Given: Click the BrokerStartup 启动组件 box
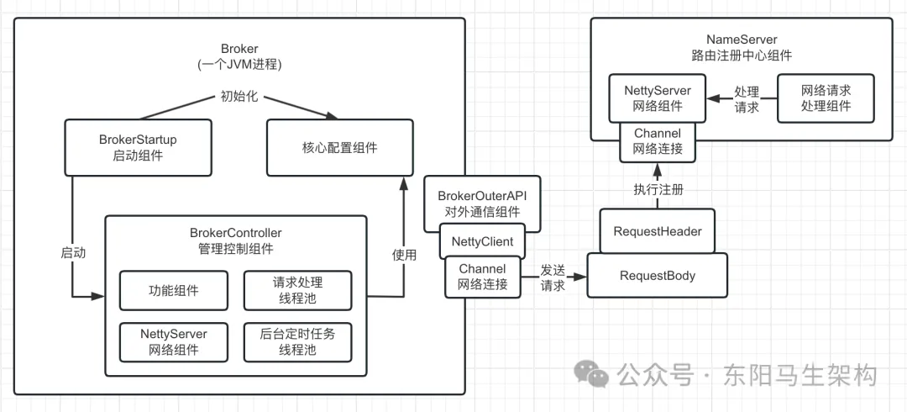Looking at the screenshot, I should (138, 148).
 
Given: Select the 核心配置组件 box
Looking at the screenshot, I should (339, 148).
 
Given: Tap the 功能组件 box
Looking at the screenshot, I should (174, 291).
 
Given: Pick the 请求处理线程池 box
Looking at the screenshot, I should (297, 291).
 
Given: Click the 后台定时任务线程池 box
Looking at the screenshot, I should (297, 341).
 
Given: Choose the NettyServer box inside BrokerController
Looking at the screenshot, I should (174, 341).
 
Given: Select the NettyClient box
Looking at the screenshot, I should (483, 241).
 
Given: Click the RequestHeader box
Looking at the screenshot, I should (658, 231).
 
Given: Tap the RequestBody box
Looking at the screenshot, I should (658, 276).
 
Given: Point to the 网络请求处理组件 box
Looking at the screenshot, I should (826, 98).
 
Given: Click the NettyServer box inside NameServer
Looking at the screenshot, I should (658, 98).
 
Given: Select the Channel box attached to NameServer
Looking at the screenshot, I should (658, 141).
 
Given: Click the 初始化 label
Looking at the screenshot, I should (238, 96).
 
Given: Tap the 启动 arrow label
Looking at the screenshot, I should (73, 251).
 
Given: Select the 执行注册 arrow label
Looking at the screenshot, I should (658, 188).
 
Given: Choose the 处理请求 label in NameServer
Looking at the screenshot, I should (747, 98).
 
